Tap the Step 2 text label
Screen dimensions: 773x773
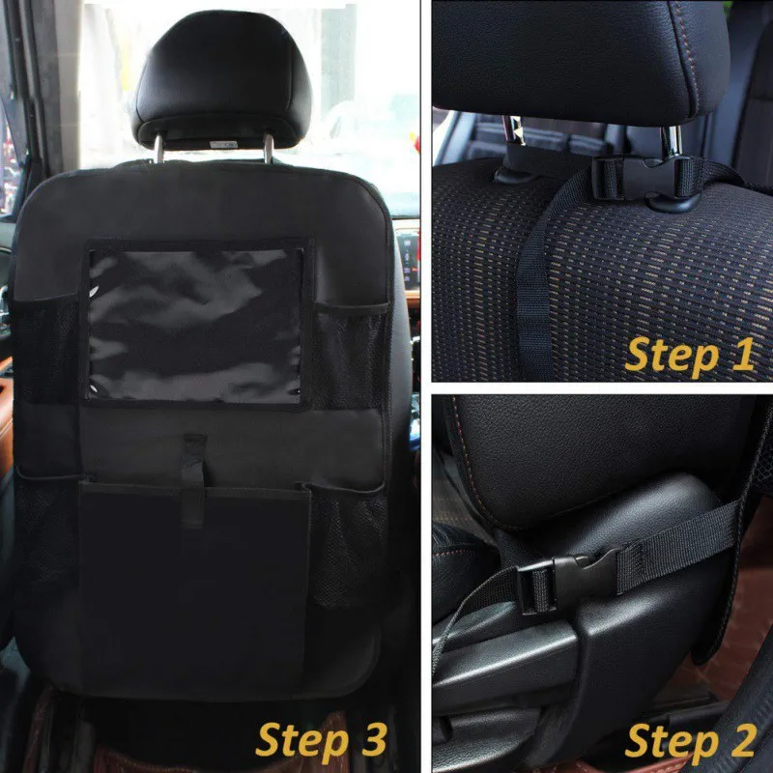pos(690,741)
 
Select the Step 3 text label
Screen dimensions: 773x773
pos(321,740)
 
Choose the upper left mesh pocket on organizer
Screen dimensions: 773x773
pos(46,348)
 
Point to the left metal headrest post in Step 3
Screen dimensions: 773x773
pos(158,149)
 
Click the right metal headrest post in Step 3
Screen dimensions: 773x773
pos(269,148)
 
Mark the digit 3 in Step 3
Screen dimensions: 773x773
pos(374,739)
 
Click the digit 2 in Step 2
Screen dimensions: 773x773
pos(743,739)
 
